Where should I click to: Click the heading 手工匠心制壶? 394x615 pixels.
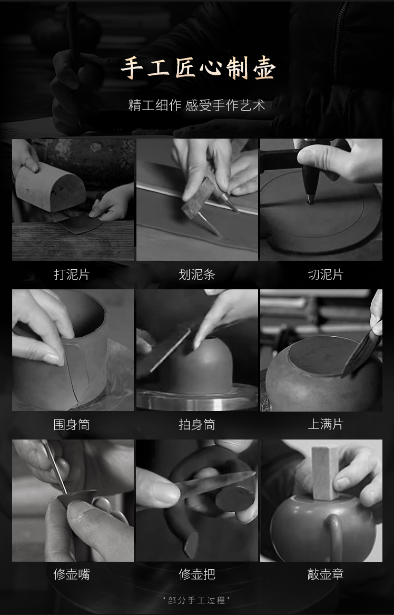(x=198, y=69)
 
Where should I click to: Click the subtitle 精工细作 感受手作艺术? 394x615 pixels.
(x=197, y=105)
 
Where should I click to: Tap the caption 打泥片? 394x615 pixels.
(x=72, y=275)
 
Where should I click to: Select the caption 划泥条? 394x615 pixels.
(x=197, y=275)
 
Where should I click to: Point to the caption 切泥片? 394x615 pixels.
(x=326, y=275)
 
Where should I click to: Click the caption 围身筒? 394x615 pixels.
(x=72, y=424)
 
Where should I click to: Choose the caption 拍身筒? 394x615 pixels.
(x=197, y=424)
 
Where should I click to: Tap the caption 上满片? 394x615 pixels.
(x=326, y=424)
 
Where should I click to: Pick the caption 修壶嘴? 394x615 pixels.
(x=72, y=574)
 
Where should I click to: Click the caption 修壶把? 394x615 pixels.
(x=197, y=574)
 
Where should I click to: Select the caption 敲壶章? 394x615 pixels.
(x=326, y=574)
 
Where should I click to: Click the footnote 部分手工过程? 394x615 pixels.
(x=196, y=600)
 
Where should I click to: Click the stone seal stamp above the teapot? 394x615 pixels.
(x=325, y=473)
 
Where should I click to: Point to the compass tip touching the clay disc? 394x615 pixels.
(x=310, y=202)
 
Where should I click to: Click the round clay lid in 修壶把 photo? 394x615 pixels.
(x=235, y=499)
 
